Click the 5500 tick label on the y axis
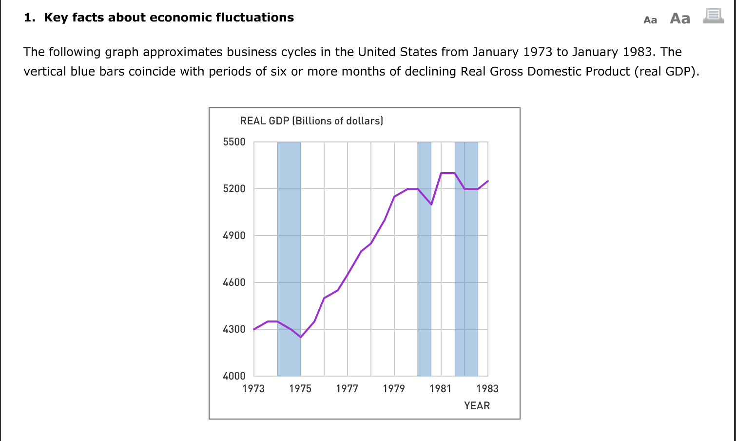(234, 142)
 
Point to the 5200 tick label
(234, 189)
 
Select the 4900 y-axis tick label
(234, 236)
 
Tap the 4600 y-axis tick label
(234, 282)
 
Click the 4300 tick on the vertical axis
(234, 329)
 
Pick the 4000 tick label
(234, 376)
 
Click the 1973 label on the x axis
(253, 389)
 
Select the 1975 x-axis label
(300, 389)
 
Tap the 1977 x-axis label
(347, 389)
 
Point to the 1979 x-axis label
(394, 389)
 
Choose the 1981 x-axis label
(441, 389)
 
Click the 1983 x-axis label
(487, 389)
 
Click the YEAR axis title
(477, 406)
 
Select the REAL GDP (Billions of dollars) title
(311, 121)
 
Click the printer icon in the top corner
(713, 16)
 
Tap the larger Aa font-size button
(680, 19)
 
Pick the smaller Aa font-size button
(650, 20)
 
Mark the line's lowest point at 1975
(301, 337)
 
